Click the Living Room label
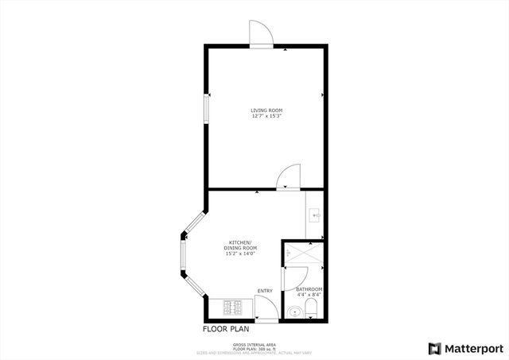coord(266,110)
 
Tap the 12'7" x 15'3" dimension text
coord(266,117)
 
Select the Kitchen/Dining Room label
coord(239,243)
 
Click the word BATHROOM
coord(309,288)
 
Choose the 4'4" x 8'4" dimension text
coord(309,295)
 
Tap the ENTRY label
coord(264,291)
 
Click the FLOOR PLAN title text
coord(227,327)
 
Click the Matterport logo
coord(460,348)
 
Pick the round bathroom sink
coord(296,312)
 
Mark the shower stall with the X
coord(302,253)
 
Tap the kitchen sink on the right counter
coord(316,215)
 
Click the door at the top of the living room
coord(262,33)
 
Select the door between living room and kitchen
coord(288,176)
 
